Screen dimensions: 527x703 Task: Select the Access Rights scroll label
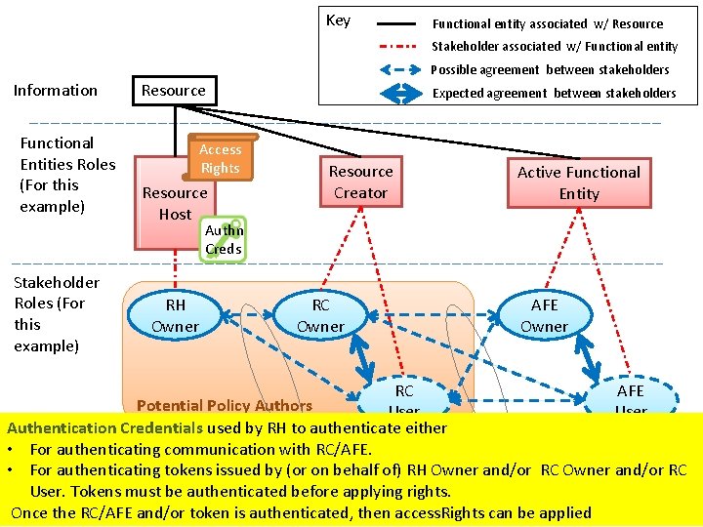(x=221, y=158)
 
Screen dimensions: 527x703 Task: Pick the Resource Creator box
(x=360, y=182)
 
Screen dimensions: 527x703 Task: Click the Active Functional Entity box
(x=579, y=183)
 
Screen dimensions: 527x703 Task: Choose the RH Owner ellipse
(x=175, y=315)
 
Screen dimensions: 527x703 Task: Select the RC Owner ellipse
(x=320, y=315)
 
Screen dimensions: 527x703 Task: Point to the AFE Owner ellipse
(x=544, y=315)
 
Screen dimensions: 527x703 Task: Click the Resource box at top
(x=173, y=90)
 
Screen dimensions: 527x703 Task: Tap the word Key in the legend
(x=338, y=20)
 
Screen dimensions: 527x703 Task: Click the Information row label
(x=56, y=90)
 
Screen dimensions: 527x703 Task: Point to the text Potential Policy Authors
(x=225, y=405)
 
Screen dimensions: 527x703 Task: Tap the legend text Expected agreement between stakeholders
(x=554, y=93)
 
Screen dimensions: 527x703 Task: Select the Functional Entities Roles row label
(x=67, y=175)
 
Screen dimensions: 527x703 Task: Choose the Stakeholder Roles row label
(x=57, y=313)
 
